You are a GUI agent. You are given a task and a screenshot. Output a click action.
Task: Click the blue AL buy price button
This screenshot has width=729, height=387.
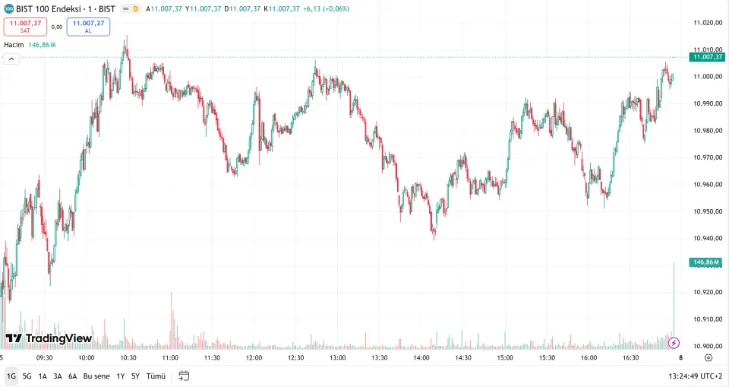click(88, 27)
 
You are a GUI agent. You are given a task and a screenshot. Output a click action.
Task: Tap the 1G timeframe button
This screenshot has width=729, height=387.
click(11, 376)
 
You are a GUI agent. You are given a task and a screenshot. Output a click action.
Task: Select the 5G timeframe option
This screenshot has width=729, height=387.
click(27, 376)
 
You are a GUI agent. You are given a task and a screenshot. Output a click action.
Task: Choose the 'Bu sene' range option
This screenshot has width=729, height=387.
click(96, 376)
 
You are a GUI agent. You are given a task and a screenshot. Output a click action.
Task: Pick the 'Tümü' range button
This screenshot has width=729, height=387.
click(155, 376)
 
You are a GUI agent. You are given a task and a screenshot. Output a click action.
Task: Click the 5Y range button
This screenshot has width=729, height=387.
click(135, 376)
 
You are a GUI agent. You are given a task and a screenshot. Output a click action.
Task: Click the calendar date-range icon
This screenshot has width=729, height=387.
click(184, 376)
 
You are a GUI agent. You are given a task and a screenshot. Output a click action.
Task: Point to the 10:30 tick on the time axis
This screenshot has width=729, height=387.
click(128, 357)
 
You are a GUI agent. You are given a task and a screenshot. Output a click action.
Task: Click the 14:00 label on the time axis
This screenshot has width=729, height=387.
click(421, 357)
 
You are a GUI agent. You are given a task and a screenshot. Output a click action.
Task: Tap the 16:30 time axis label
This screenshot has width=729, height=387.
click(631, 357)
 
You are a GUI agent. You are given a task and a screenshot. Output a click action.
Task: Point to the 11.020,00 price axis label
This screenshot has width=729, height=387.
click(707, 23)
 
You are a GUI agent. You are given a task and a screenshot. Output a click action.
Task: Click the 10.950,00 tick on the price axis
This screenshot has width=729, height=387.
click(707, 211)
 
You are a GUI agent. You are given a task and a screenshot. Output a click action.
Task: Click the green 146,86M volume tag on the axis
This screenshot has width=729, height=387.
click(705, 262)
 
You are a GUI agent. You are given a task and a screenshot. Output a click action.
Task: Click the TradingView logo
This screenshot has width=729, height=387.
click(49, 338)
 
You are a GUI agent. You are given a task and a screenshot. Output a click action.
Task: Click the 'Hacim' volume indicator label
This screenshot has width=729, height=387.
click(14, 45)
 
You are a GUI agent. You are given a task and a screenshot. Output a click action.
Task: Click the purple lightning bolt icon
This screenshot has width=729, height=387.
click(674, 343)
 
